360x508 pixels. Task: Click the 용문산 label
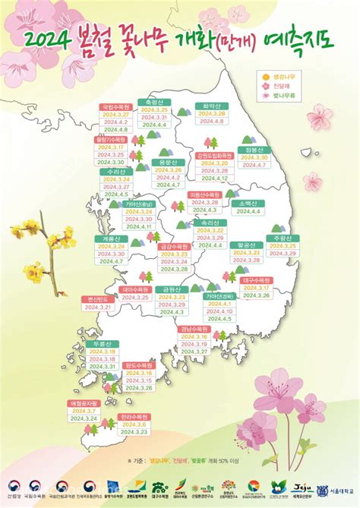[x=168, y=162]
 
